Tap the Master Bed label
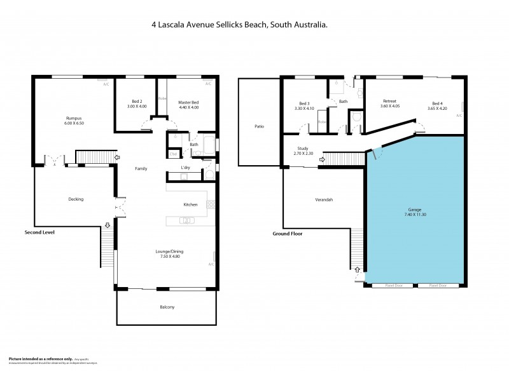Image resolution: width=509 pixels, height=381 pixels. pos(188,102)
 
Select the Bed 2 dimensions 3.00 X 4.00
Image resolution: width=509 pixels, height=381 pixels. pos(137,107)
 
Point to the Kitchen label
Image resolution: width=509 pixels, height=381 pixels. pos(190,204)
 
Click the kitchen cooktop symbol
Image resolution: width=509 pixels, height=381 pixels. pos(211,204)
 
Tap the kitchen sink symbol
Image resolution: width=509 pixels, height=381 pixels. pos(186,220)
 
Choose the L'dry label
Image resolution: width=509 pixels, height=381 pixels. pos(186,167)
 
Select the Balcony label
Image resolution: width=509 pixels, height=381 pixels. pos(167,307)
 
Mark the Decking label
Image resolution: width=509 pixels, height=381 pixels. pos(76,199)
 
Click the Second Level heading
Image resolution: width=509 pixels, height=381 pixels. pos(39,232)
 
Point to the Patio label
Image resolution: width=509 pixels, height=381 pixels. pos(259,126)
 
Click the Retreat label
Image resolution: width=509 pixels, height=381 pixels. pos(390,102)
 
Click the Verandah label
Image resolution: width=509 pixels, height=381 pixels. pos(324,200)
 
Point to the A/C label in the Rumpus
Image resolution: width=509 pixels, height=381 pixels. pos(106,83)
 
